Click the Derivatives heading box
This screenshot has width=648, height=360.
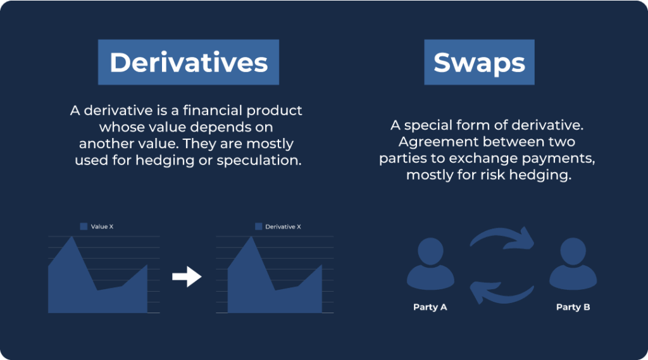[x=189, y=62]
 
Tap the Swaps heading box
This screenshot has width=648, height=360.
[x=480, y=62]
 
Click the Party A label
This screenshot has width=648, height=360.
[x=430, y=307]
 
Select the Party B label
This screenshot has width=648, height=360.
[x=573, y=307]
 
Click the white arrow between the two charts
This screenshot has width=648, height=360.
[x=187, y=276]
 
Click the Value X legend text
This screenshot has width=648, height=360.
[x=102, y=227]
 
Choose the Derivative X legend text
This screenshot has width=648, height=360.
[x=283, y=227]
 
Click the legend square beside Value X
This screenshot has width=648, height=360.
[x=84, y=227]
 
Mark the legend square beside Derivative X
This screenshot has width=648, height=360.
[x=259, y=227]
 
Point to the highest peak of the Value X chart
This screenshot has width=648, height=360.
[x=72, y=237]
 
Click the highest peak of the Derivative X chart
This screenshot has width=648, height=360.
[x=251, y=237]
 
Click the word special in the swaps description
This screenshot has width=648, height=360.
[x=430, y=125]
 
